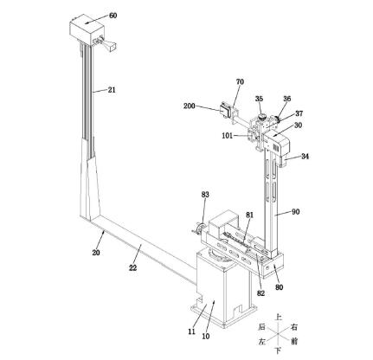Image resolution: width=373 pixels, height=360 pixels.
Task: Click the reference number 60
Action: click(x=113, y=16)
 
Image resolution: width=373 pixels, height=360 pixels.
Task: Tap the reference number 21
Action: click(x=112, y=90)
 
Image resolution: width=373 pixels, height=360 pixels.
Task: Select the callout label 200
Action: click(x=190, y=106)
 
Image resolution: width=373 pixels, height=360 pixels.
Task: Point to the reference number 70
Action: click(x=240, y=82)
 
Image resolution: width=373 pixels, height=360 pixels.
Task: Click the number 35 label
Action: click(x=259, y=99)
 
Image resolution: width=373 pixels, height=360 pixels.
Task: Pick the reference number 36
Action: click(x=286, y=99)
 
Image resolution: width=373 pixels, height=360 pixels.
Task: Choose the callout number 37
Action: click(x=299, y=113)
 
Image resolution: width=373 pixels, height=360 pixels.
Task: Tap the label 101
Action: click(x=227, y=136)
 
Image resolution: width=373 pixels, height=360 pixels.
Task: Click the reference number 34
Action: click(x=305, y=157)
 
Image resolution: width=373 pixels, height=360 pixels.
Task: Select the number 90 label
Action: click(x=296, y=212)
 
